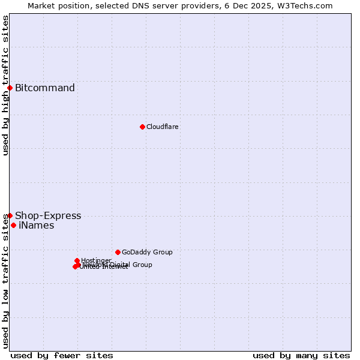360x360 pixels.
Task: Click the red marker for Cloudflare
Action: coord(142,127)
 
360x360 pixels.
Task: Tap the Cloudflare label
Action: coord(163,127)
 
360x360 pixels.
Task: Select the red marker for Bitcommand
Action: coord(10,88)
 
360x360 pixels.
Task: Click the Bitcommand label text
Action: coord(45,88)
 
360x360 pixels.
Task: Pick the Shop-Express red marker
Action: coord(10,215)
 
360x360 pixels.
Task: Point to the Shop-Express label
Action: coord(48,216)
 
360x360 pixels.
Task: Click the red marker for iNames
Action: coord(13,226)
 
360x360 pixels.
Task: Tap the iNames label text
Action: coord(37,226)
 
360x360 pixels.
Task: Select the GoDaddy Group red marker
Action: coord(118,252)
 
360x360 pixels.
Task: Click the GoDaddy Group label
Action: coord(147,253)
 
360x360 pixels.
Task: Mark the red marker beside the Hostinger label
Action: coord(77,260)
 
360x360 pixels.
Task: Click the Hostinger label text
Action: coord(96,260)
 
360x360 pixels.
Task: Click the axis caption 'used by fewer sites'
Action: coord(62,356)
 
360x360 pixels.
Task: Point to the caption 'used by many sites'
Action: coord(301,356)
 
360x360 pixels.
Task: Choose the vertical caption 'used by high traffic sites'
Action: coord(6,85)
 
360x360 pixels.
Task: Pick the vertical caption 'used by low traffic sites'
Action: coord(6,280)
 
